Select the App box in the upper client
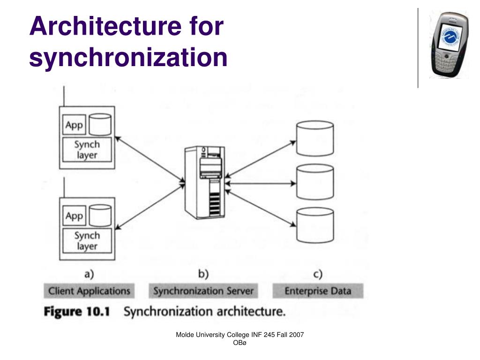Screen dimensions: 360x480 [x=75, y=125]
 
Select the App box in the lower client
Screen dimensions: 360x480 [x=75, y=216]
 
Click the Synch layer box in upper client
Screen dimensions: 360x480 [x=87, y=150]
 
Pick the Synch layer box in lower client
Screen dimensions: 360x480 [x=87, y=240]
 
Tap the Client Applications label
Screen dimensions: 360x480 [x=89, y=291]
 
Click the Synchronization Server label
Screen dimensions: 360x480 [x=203, y=291]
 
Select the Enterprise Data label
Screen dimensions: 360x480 [x=318, y=291]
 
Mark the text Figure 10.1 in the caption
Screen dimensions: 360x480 [x=76, y=312]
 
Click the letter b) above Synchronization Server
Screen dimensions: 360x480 [x=203, y=274]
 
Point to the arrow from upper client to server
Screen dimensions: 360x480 [x=149, y=157]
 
